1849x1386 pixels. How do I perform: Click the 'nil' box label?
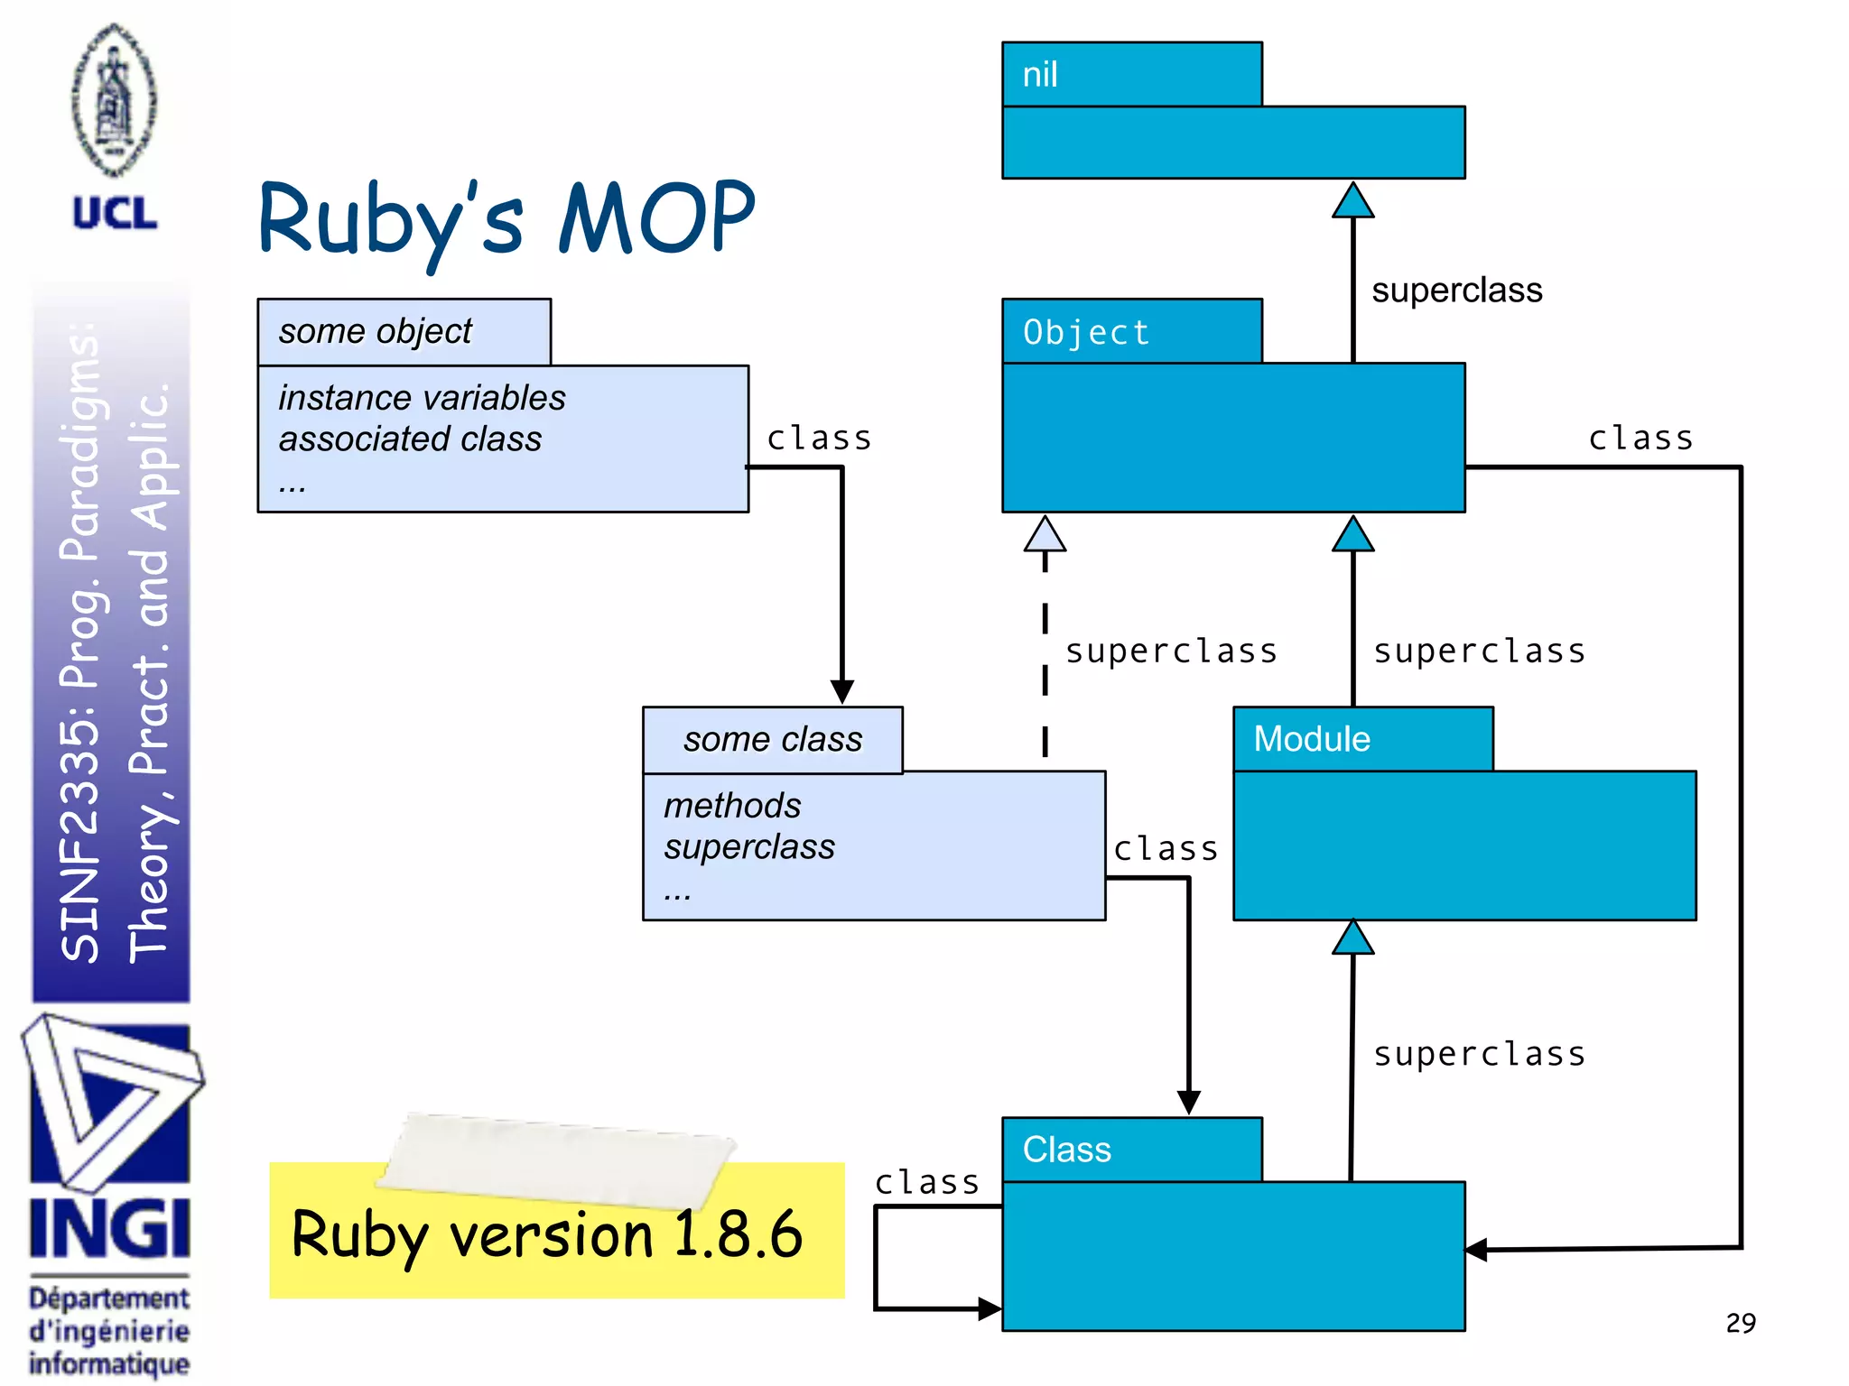[x=1040, y=75]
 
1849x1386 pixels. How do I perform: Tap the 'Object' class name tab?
[x=1086, y=332]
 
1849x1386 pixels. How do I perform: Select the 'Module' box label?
[x=1312, y=739]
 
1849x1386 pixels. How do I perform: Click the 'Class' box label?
[x=1066, y=1150]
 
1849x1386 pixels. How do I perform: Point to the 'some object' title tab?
[x=375, y=331]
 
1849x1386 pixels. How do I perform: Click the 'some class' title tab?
[x=773, y=740]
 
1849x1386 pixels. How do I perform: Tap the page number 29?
[x=1740, y=1323]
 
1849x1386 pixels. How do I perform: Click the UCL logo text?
[x=115, y=214]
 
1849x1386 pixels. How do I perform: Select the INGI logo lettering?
[x=110, y=1228]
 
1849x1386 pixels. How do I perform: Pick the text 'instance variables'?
[x=422, y=398]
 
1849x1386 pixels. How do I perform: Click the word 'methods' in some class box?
[x=732, y=806]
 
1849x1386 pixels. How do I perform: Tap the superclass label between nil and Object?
[x=1456, y=291]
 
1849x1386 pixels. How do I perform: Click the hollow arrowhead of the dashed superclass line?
[x=1045, y=534]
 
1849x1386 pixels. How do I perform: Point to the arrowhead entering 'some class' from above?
[x=842, y=691]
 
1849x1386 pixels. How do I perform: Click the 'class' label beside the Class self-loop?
[x=926, y=1182]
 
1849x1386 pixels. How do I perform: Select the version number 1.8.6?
[x=738, y=1234]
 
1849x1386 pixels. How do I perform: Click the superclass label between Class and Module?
[x=1479, y=1054]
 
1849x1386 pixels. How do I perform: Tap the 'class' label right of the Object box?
[x=1640, y=439]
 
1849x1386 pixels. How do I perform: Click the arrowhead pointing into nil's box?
[x=1352, y=201]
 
